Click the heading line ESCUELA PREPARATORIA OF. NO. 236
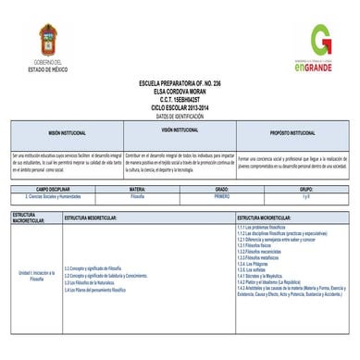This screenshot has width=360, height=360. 180,82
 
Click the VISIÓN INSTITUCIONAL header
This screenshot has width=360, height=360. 180,130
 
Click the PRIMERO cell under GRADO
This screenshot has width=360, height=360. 222,197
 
